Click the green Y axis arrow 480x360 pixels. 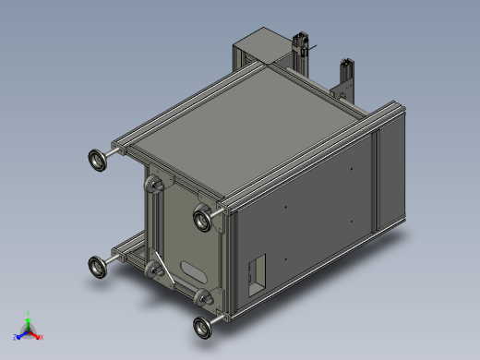click(29, 317)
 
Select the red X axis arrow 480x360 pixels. click(39, 337)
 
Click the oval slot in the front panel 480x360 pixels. click(193, 270)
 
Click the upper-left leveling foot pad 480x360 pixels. click(96, 161)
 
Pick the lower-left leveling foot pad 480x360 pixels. click(97, 267)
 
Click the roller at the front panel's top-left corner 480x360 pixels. click(152, 186)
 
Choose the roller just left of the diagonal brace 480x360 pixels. click(152, 269)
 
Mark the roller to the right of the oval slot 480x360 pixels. click(202, 296)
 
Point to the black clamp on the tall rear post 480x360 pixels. click(301, 44)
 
